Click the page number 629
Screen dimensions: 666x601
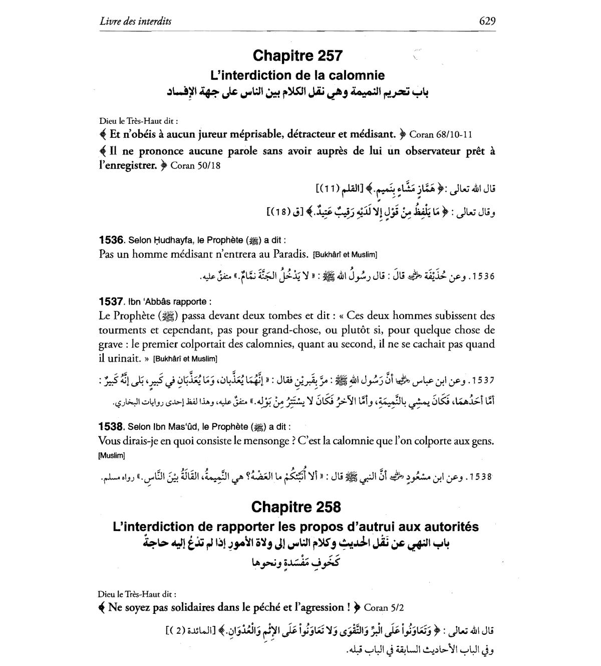click(487, 21)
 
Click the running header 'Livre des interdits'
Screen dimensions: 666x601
click(135, 21)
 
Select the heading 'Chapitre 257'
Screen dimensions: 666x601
click(297, 55)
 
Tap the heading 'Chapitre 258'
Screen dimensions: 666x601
click(296, 507)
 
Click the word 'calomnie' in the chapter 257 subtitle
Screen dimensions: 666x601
click(359, 75)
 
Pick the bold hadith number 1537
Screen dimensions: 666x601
click(112, 301)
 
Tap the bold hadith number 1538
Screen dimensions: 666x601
click(112, 427)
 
